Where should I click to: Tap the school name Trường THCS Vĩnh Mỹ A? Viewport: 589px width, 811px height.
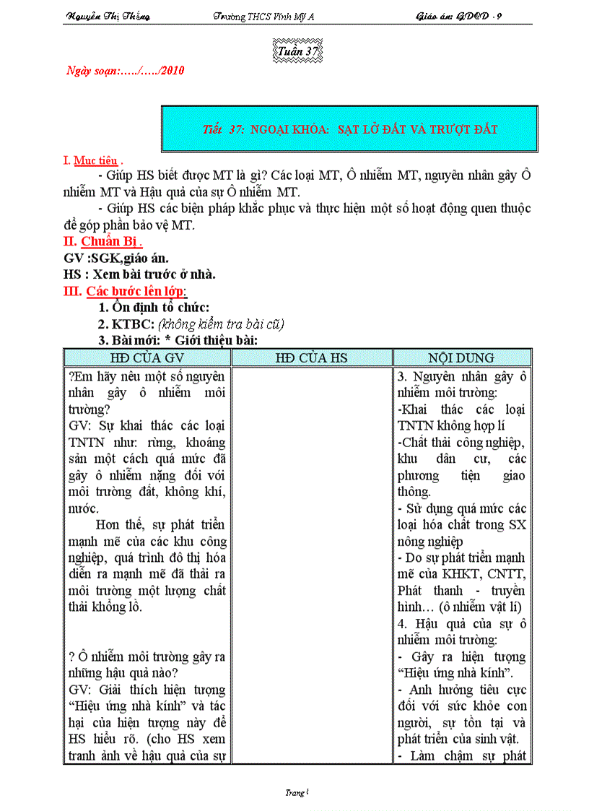click(x=264, y=16)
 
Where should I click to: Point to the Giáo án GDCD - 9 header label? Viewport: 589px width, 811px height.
click(x=459, y=16)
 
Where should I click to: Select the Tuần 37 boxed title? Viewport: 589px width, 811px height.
click(x=297, y=52)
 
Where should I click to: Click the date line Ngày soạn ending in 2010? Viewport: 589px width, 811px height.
click(x=126, y=71)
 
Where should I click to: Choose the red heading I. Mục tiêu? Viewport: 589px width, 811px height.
click(x=92, y=160)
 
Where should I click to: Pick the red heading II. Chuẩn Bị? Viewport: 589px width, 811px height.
click(x=103, y=241)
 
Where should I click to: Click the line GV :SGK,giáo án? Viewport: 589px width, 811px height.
click(x=118, y=258)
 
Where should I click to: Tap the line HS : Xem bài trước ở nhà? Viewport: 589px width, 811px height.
click(x=140, y=274)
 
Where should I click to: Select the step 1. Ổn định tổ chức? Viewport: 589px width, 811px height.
click(x=154, y=308)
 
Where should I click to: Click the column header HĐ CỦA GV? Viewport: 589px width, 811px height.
click(x=147, y=357)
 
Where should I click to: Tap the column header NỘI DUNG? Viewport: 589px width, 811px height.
click(x=461, y=357)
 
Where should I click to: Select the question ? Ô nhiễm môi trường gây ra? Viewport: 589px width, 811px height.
click(x=147, y=656)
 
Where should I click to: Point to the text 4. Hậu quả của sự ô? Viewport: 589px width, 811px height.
click(x=461, y=623)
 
